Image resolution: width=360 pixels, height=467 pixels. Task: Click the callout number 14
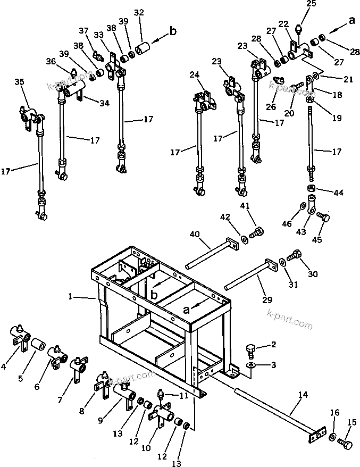tap(303, 395)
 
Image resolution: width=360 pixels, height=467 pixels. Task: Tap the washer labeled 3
tap(251, 365)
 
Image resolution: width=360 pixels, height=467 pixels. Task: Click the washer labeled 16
tap(332, 436)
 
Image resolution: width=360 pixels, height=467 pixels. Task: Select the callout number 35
tap(19, 82)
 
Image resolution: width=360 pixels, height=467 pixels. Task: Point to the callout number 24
tap(194, 75)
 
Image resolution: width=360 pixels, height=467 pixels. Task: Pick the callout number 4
tap(4, 366)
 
